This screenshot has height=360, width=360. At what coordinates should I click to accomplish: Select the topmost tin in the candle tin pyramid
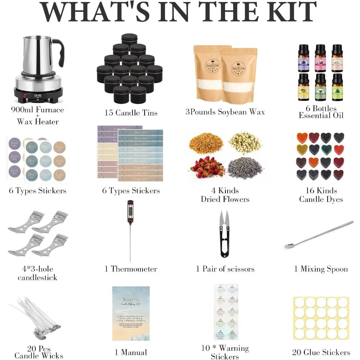(x=129, y=40)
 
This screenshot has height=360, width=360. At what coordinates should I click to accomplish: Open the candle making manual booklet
(x=131, y=313)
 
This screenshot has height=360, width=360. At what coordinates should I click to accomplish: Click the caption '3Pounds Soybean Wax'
(x=225, y=112)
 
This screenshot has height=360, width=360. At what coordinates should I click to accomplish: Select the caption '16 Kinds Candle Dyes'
(x=321, y=195)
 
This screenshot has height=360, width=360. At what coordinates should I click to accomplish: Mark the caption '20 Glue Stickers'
(x=321, y=352)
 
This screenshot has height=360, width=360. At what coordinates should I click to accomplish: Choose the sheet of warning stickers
(x=225, y=312)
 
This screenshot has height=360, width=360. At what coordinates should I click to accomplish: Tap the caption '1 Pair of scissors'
(x=225, y=269)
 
